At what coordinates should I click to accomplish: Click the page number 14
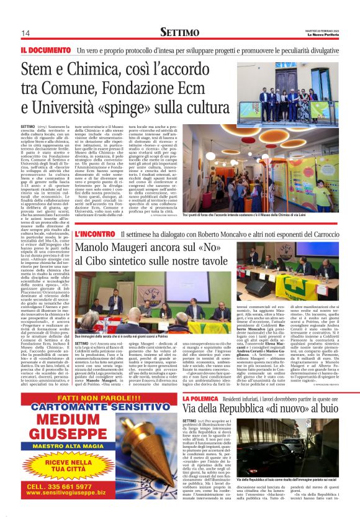point(25,33)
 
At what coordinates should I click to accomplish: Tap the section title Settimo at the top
point(180,32)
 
